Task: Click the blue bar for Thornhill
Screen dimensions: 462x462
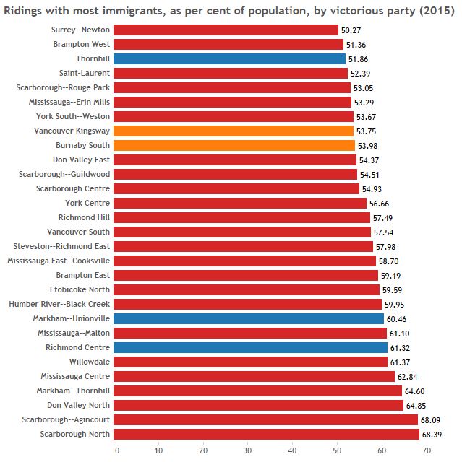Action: [x=229, y=58]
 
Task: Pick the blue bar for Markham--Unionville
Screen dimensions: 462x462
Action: [x=249, y=318]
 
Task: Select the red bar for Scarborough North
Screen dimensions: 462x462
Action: [x=266, y=434]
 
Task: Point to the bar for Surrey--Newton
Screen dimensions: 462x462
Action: [x=226, y=30]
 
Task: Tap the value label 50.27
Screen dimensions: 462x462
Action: [x=351, y=30]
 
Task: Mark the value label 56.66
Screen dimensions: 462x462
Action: [x=380, y=203]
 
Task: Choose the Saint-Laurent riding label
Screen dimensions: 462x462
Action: [x=85, y=73]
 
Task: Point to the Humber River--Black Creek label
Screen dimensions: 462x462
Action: [x=59, y=304]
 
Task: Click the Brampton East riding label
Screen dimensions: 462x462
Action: [x=83, y=275]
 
